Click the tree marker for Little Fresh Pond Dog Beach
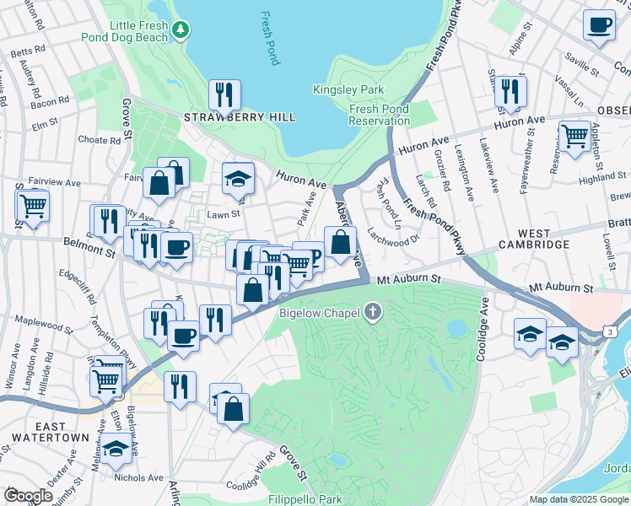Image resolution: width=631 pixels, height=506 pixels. point(180,30)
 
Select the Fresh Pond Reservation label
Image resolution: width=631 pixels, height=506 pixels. point(380,115)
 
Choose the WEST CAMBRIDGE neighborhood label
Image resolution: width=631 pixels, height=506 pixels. point(533,239)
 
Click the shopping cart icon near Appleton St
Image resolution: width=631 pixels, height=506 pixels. point(574,135)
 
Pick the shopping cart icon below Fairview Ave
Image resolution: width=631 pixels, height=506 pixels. point(33,205)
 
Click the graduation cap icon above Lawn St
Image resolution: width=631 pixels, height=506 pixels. point(238,178)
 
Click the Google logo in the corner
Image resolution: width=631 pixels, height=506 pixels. point(28,496)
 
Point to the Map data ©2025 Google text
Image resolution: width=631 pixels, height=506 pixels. point(578,499)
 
